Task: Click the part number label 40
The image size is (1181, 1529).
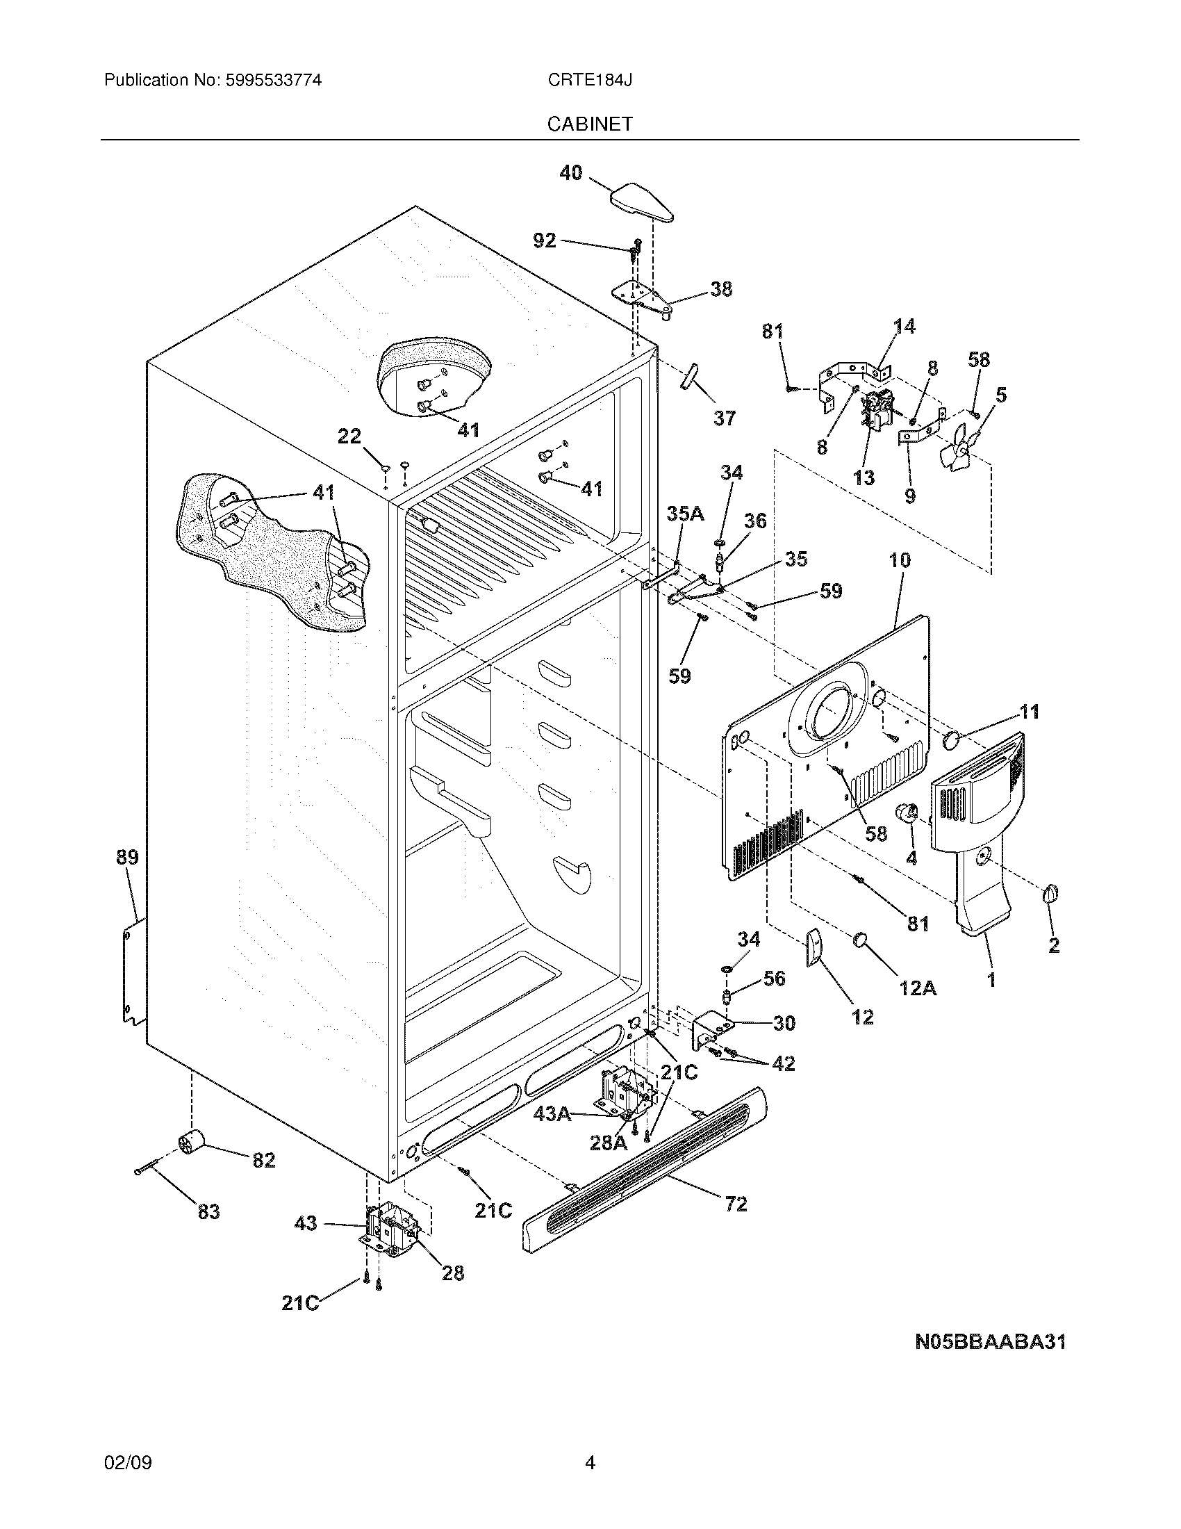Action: [x=571, y=172]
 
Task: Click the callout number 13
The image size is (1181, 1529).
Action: [x=864, y=478]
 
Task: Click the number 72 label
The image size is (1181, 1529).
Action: [x=736, y=1204]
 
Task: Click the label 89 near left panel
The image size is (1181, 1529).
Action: [x=127, y=857]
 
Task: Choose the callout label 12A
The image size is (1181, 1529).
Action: [x=917, y=988]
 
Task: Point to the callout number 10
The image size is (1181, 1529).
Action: [x=900, y=560]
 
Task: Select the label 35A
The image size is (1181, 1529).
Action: [x=684, y=514]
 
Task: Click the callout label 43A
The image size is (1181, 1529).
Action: [x=552, y=1114]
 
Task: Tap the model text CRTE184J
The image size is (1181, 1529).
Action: [x=590, y=81]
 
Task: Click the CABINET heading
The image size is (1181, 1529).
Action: [x=590, y=124]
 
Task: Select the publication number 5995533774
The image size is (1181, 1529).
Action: [x=274, y=81]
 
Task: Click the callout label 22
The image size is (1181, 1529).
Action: [x=349, y=437]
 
